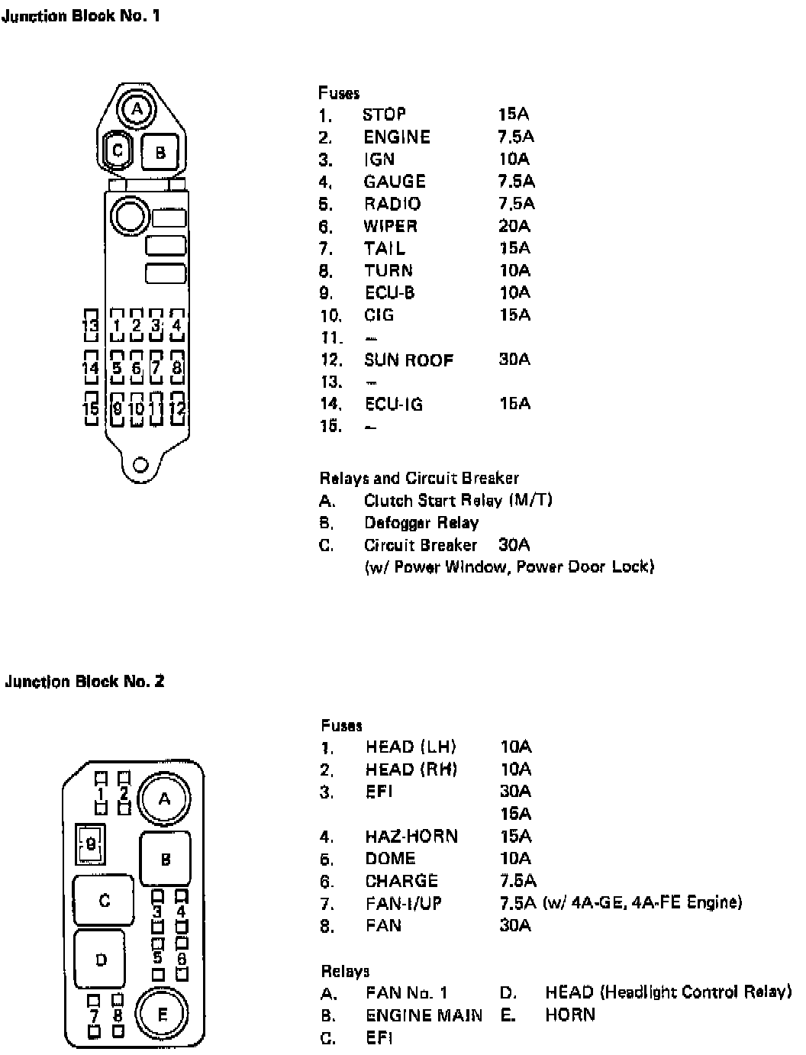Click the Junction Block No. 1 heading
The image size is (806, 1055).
82,16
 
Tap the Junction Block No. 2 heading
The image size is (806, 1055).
85,681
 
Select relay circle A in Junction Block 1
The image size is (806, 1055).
137,109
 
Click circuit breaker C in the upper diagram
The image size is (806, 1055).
118,150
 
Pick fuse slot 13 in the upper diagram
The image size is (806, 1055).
91,326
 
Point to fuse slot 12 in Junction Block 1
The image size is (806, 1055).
177,408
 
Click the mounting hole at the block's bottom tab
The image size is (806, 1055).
140,464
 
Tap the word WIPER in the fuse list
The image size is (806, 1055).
391,226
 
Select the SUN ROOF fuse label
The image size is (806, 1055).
408,360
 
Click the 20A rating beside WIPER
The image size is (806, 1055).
514,226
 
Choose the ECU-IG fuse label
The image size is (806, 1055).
393,404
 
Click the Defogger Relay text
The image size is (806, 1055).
421,523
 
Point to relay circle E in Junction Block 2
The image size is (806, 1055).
162,1015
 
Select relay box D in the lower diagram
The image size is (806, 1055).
101,960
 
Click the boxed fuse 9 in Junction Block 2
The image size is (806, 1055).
90,844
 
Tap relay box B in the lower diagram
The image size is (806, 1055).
166,860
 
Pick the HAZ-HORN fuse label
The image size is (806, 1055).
411,836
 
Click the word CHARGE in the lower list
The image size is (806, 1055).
401,881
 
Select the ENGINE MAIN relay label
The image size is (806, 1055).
424,1015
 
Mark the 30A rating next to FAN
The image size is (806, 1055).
516,925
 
